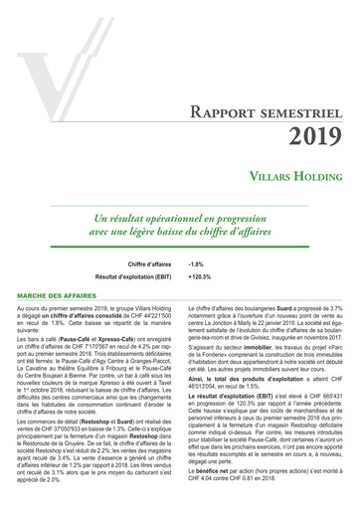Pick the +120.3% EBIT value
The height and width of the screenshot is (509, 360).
click(199, 276)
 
